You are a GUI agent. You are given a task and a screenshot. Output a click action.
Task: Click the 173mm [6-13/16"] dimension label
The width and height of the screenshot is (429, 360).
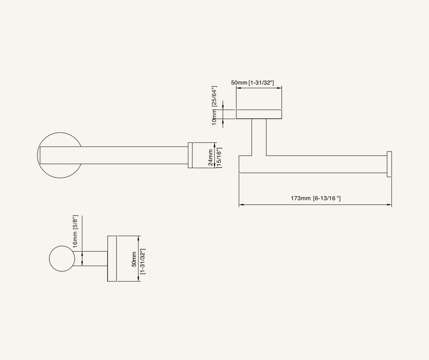coord(316,198)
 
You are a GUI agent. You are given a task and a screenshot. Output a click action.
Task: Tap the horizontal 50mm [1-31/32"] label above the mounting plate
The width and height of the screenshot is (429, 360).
coord(252,83)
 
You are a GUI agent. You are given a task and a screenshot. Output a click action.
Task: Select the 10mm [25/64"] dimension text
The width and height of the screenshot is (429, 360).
coord(214,105)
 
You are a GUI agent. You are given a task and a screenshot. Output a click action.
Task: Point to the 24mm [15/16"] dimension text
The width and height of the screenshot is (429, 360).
coord(215,157)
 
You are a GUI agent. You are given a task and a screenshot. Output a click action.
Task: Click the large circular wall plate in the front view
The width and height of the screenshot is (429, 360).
coord(60,133)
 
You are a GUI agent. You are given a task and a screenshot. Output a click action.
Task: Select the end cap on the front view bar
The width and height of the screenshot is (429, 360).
coord(190,155)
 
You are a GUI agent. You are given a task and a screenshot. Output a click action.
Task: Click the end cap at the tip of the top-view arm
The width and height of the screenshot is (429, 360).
coord(389,164)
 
